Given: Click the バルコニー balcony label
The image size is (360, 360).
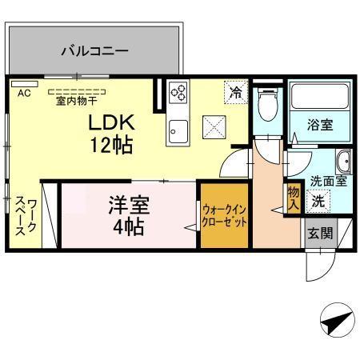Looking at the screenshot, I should click(x=94, y=52).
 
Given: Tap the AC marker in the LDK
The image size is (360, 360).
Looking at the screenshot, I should click(x=24, y=93).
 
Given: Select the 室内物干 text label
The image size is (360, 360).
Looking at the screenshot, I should click(x=77, y=102).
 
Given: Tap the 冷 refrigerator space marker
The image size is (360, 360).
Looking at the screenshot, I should click(x=234, y=92).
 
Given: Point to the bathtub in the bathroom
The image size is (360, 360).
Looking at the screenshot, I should click(x=318, y=97).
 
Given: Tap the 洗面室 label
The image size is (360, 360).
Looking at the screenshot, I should click(x=328, y=181).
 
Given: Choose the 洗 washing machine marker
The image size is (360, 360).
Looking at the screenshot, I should click(x=318, y=201).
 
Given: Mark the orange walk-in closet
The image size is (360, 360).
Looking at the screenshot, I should click(x=224, y=216).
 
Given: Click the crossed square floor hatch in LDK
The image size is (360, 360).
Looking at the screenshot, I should click(x=212, y=126).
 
